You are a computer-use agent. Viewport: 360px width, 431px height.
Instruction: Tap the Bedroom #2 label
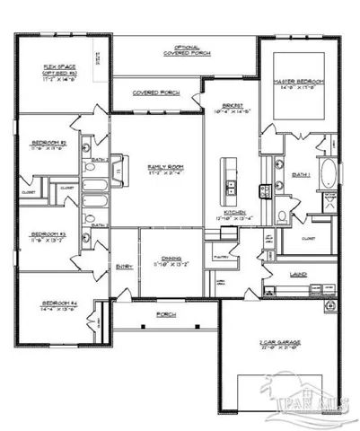pos(46,143)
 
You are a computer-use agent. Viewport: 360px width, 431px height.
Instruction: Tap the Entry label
pos(123,266)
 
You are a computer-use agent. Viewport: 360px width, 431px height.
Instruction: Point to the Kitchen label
pos(235,214)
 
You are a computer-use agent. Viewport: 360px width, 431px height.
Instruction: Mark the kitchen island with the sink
pos(230,179)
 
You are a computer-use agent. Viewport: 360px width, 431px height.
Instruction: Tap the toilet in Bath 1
pos(281,214)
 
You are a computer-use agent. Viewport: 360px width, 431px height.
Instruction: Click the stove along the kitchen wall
pos(263,190)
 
